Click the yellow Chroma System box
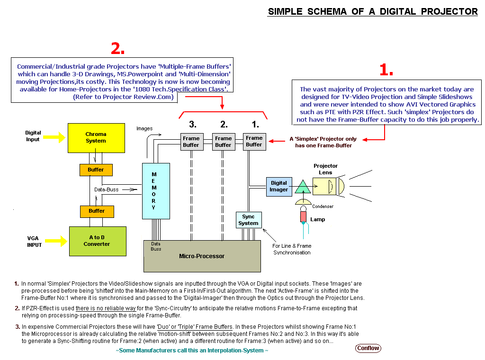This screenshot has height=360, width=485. coord(96,138)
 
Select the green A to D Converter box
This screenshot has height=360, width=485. coord(98,241)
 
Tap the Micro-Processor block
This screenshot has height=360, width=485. coord(202,256)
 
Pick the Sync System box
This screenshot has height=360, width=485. coord(249,220)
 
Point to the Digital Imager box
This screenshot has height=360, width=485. coord(279,186)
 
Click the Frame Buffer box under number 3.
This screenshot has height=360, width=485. coord(191,142)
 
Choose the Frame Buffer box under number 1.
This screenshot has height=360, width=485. coord(254,141)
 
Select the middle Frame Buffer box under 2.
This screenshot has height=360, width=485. coord(223,142)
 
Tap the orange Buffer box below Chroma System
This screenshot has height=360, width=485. coord(96,170)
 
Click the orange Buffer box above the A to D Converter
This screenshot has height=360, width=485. coord(97,211)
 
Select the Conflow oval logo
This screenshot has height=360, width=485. coord(368,348)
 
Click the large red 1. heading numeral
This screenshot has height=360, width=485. coord(386,70)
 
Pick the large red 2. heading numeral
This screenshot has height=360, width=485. coord(117,48)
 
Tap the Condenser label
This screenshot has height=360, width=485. coord(323,206)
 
